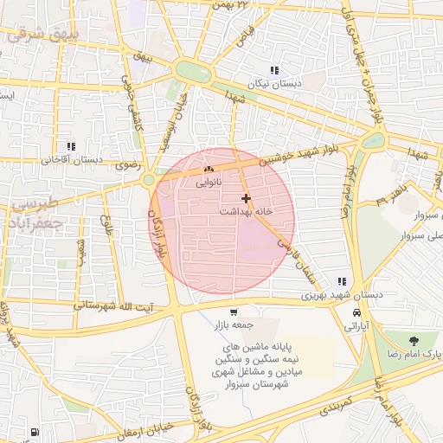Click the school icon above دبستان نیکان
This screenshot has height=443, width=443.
click(274, 70)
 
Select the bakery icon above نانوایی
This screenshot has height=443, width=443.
click(208, 170)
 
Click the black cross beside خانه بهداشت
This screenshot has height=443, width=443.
click(247, 199)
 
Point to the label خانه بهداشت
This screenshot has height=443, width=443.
click(246, 211)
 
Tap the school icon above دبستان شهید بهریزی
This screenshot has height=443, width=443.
click(343, 281)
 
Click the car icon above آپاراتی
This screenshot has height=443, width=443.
click(357, 312)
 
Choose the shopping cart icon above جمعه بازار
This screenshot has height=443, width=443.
click(233, 312)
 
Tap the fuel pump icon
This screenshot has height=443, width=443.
click(34, 432)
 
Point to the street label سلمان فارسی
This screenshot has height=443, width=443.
click(294, 259)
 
